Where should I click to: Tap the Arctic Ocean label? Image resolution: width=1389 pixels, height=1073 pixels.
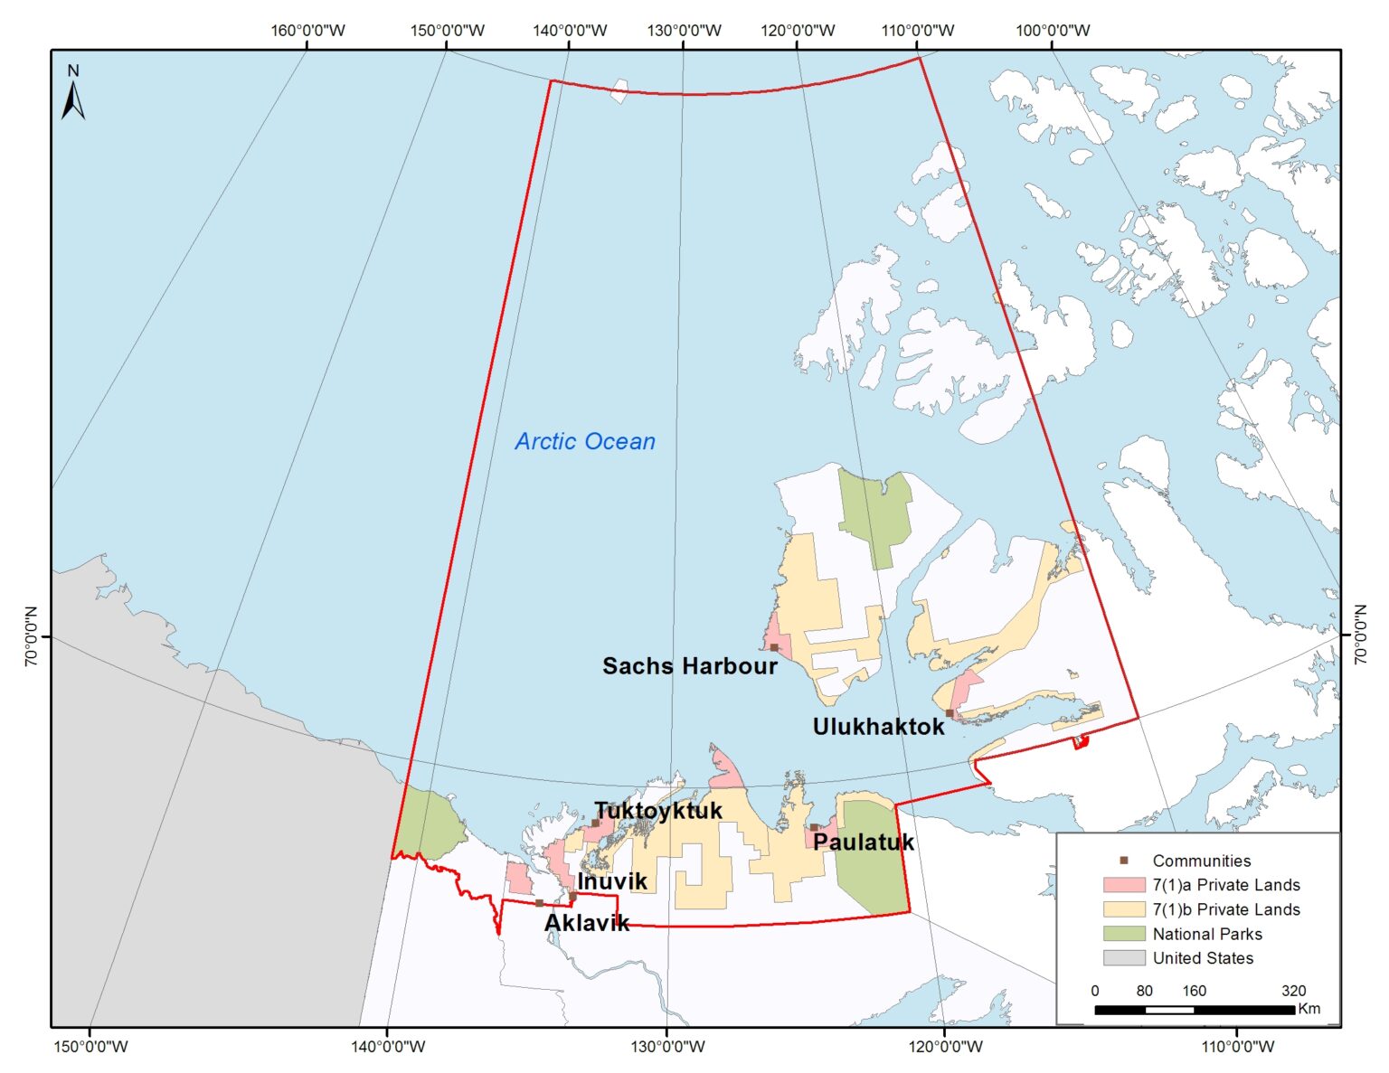pos(585,441)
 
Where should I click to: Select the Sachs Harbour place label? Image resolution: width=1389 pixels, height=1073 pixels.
pos(689,666)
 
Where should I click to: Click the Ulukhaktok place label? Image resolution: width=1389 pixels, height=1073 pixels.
pos(878,727)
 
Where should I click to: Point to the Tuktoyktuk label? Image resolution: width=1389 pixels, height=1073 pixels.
pos(658,810)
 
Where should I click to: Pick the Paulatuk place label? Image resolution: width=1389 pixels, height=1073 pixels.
pos(864,842)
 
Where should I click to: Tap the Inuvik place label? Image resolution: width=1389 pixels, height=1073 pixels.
pos(612,881)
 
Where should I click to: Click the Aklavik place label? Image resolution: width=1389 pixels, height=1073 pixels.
pos(587,923)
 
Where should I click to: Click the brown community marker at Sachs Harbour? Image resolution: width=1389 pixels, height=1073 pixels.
pos(774,647)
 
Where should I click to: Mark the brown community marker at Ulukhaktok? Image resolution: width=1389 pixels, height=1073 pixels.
pos(950,713)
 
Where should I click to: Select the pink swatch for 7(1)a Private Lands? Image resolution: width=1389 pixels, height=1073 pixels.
pos(1123,885)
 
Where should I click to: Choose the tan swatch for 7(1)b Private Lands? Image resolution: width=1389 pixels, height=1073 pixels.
pos(1123,909)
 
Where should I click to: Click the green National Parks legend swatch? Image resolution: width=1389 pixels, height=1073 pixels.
pos(1123,934)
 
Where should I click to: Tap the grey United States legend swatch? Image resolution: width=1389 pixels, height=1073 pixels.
pos(1123,958)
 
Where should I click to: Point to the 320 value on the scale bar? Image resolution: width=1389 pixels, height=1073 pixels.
pos(1293,991)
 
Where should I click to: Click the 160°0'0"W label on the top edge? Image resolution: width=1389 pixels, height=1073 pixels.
pos(308,31)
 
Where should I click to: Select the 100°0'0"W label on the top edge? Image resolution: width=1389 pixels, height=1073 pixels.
pos(1053,31)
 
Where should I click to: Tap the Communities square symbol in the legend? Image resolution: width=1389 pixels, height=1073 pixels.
pos(1123,861)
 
